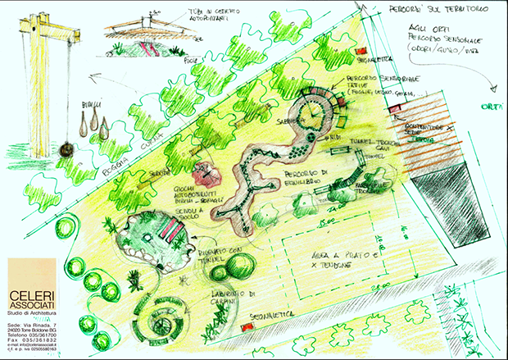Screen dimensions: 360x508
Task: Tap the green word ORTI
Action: point(491,106)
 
